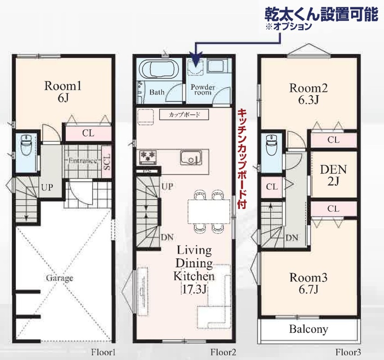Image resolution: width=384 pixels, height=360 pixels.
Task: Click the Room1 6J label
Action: (x=63, y=92)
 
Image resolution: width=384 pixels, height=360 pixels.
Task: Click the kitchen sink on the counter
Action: (x=191, y=158)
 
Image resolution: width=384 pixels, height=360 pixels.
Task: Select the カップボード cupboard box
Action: (x=184, y=115)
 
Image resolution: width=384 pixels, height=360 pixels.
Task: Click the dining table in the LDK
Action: (x=209, y=211)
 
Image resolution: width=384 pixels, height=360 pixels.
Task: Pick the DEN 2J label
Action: (x=333, y=175)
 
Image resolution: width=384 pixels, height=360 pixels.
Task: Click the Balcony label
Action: (x=308, y=329)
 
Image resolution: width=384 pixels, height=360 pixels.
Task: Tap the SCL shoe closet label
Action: (x=107, y=162)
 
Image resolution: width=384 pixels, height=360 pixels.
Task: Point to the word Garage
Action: (x=59, y=278)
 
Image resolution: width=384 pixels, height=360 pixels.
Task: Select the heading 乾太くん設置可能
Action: (x=321, y=14)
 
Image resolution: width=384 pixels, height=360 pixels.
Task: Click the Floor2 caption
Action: (x=223, y=352)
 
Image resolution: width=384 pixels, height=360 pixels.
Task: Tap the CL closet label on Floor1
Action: (x=88, y=133)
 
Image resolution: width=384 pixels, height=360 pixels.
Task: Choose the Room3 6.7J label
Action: (x=308, y=283)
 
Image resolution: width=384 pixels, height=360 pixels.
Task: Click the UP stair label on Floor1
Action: (x=47, y=188)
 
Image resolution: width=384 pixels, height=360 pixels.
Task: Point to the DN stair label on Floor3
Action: (x=292, y=238)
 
